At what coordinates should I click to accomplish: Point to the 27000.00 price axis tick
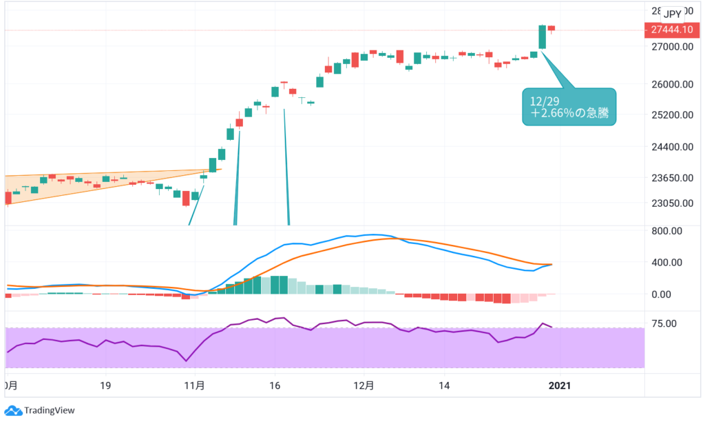pos(671,47)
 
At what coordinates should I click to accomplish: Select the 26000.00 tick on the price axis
pos(671,85)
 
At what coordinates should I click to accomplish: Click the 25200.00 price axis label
pos(671,115)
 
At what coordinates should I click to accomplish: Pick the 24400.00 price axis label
pos(671,147)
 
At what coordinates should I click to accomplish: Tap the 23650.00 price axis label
pos(671,178)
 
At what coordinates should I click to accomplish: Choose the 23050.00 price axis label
pos(671,203)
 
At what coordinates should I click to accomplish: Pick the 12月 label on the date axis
pos(364,387)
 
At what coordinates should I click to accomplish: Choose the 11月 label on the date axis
pos(195,387)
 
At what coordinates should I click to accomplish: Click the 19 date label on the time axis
pos(105,387)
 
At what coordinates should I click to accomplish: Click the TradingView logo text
pos(49,410)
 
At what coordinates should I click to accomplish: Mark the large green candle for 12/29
pos(543,37)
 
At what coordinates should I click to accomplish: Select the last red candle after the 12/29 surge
pos(551,29)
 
